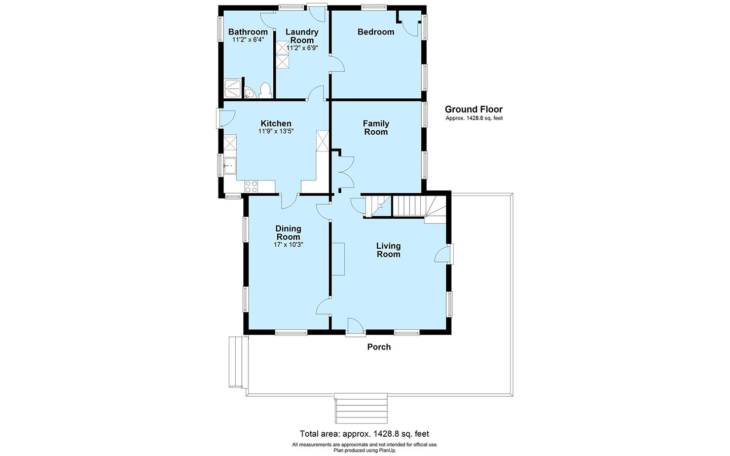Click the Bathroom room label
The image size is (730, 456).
point(248,32)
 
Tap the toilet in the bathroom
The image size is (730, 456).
point(266,90)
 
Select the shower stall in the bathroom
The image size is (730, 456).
point(233,89)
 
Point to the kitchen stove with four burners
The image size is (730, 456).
point(251,186)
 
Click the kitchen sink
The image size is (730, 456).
point(230,166)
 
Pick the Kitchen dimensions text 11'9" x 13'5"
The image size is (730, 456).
point(276,131)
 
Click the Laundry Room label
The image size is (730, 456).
point(302,36)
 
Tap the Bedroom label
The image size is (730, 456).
point(376,32)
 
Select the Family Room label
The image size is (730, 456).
point(376,128)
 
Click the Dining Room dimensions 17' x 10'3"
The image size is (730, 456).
point(288,245)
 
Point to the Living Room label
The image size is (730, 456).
point(388,250)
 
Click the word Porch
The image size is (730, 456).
point(379,347)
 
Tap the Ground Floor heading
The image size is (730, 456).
point(474,109)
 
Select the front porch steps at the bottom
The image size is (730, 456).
point(361,408)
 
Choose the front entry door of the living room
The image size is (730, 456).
point(355,326)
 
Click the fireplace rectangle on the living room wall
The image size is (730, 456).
point(338,259)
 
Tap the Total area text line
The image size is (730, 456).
point(364,434)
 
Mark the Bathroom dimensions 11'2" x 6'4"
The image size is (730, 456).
point(248,40)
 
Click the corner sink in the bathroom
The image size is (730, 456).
point(249,93)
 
